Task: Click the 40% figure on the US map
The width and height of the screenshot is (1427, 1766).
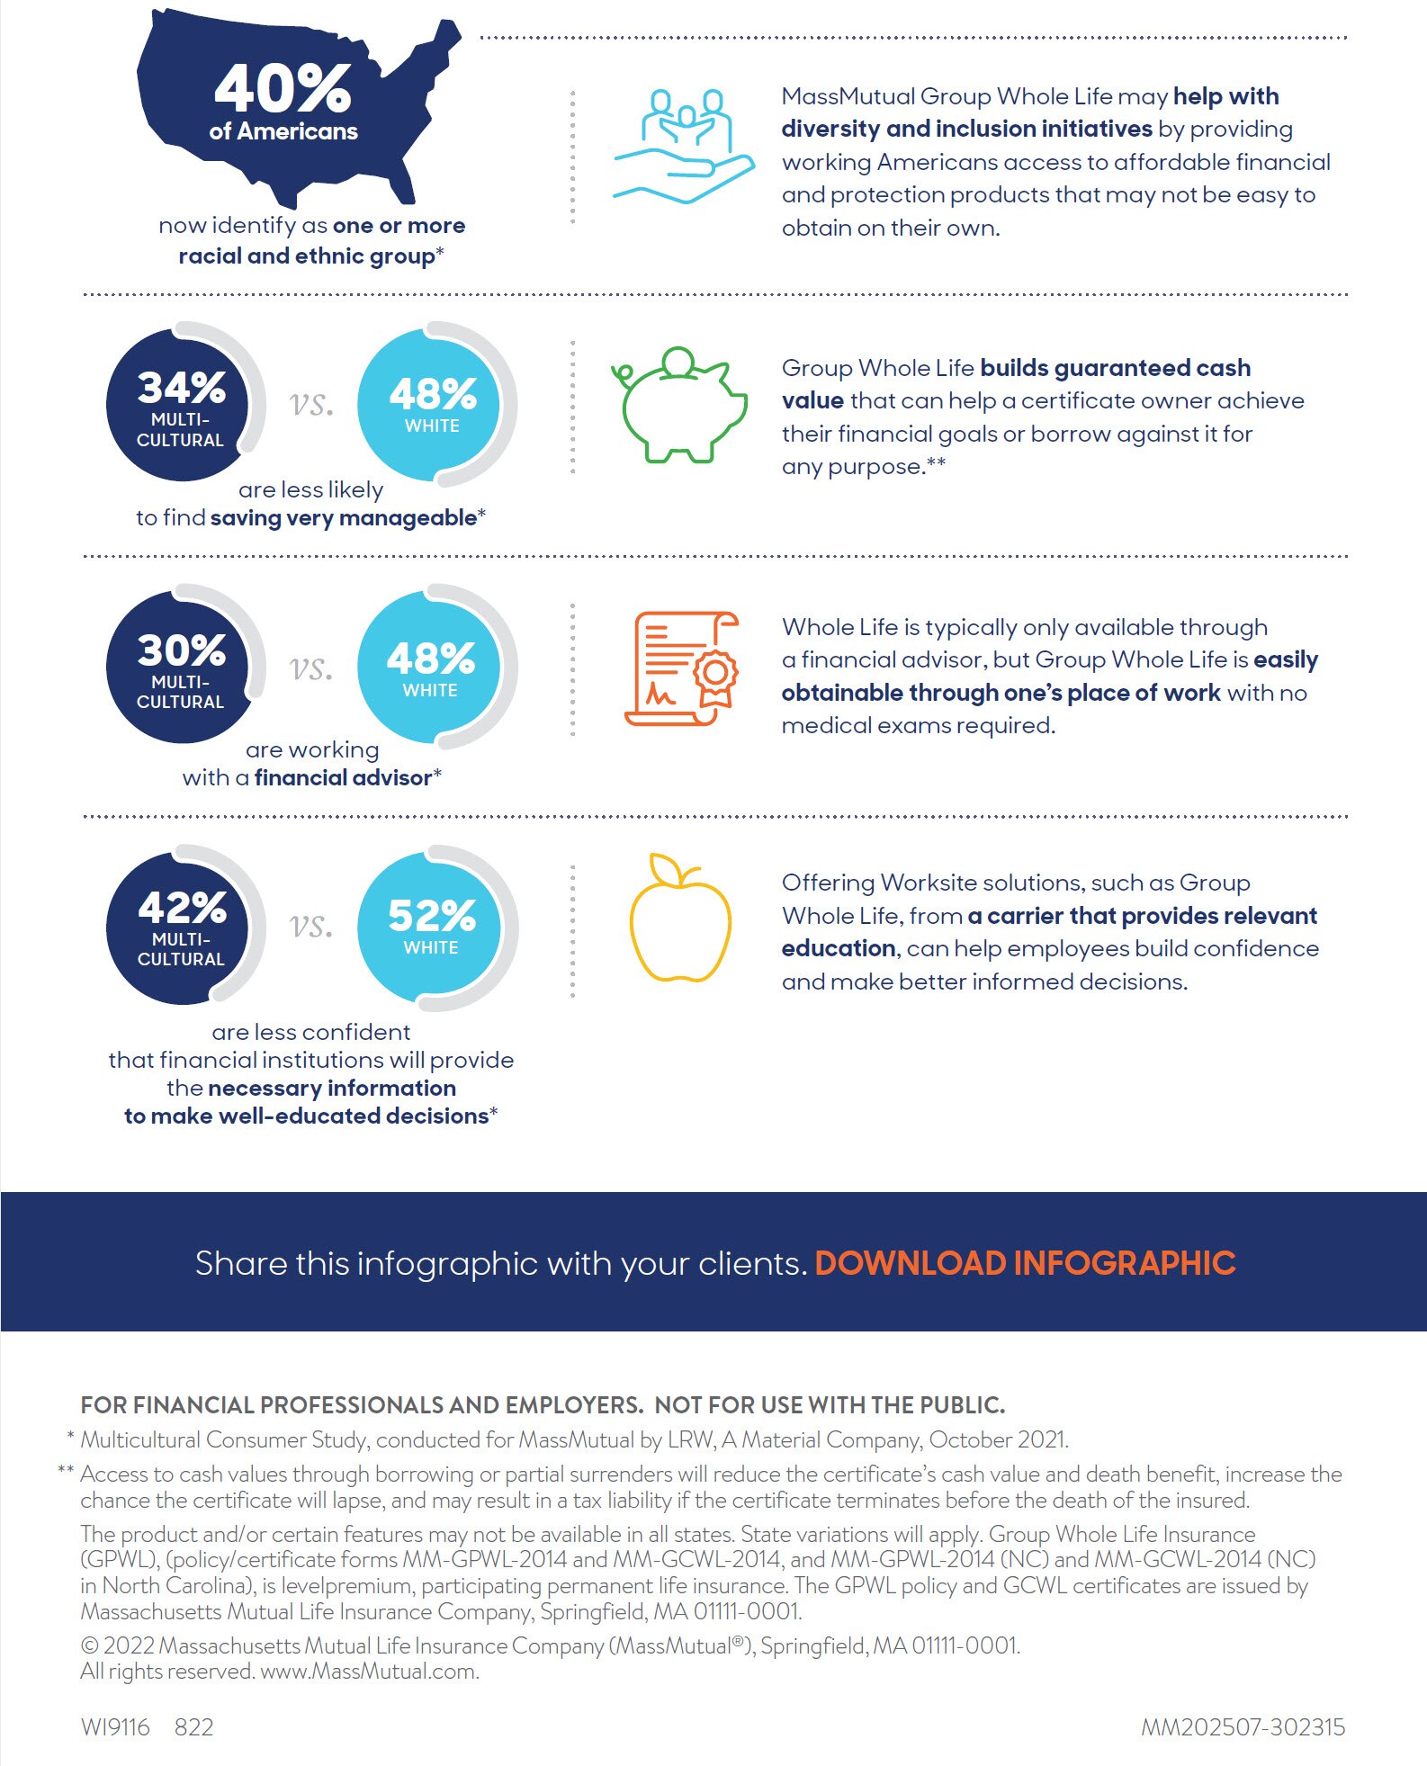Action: point(283,88)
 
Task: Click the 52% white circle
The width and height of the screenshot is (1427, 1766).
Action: point(432,928)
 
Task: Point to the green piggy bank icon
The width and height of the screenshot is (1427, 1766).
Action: point(679,405)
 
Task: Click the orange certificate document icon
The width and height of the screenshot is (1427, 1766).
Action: point(681,668)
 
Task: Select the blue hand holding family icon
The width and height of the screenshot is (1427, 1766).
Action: point(684,145)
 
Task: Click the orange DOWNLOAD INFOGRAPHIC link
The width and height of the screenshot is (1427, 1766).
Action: point(1025,1263)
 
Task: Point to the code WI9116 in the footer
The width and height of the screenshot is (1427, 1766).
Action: point(115,1726)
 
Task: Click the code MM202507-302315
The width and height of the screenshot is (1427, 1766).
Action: point(1243,1726)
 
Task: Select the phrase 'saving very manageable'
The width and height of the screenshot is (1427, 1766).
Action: point(344,517)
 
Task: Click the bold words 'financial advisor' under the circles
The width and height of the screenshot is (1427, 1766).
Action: point(343,777)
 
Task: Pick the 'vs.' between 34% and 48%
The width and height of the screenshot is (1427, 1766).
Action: point(311,404)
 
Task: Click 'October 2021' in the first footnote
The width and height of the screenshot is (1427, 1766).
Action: point(998,1439)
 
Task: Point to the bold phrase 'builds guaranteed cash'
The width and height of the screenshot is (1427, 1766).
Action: point(1115,368)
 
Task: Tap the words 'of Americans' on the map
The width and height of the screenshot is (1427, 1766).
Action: point(283,131)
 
